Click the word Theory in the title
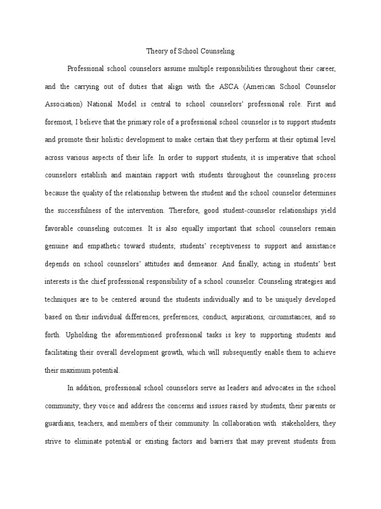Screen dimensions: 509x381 pyautogui.click(x=156, y=51)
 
